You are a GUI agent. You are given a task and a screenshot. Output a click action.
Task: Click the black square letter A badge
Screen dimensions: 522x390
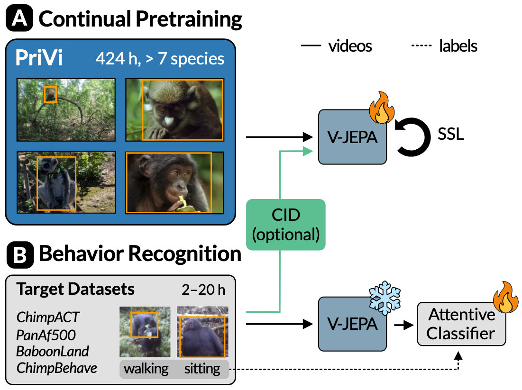point(19,18)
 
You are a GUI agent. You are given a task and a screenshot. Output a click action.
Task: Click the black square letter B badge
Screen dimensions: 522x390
point(20,254)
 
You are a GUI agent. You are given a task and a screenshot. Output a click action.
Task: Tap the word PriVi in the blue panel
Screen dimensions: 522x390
point(39,58)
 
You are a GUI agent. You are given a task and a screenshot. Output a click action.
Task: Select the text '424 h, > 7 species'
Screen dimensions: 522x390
point(160,59)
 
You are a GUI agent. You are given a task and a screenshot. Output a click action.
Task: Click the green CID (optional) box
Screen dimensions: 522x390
point(285,225)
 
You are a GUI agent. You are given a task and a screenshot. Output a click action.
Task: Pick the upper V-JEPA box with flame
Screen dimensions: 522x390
point(352,137)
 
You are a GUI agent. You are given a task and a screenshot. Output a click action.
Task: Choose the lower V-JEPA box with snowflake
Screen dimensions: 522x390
point(352,324)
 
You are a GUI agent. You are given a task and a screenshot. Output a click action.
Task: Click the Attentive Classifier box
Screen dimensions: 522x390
point(461,324)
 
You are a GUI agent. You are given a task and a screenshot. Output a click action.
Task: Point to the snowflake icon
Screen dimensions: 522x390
point(385,298)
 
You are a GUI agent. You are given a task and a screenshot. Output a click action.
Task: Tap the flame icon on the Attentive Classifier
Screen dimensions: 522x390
point(505,297)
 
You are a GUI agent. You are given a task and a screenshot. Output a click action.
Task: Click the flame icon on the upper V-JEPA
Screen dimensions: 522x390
point(382,108)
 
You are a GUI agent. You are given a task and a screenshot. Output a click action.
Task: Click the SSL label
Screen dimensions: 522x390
point(450,134)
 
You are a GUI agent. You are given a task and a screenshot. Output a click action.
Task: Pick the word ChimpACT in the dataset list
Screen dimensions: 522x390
point(48,317)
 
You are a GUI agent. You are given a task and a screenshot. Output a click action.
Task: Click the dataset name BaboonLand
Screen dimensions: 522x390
point(53,352)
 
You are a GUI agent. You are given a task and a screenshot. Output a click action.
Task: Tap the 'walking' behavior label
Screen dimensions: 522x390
point(146,369)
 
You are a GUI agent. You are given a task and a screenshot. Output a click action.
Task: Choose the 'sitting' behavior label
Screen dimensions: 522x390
point(202,369)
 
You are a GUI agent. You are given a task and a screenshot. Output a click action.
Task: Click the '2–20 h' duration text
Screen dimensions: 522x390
point(203,290)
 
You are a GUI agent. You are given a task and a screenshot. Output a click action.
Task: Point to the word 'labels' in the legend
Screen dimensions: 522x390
point(458,46)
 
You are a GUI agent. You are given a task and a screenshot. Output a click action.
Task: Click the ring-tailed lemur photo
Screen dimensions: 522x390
point(66,182)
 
